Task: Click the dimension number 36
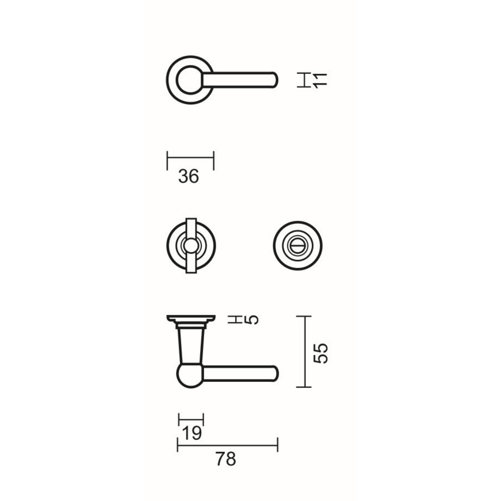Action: coord(188,176)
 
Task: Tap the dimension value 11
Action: coord(320,80)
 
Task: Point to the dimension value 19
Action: coord(192,433)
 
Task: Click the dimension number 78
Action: coord(225,459)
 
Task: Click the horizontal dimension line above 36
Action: coord(191,158)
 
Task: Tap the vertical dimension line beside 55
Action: coord(305,352)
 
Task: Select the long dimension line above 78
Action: coord(227,444)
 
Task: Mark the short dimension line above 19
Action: coord(191,419)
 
